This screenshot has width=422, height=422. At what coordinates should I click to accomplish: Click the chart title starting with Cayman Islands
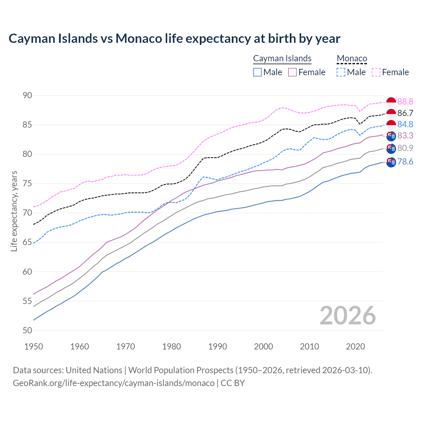[x=174, y=39]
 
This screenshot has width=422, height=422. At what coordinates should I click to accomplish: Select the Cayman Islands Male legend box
[x=257, y=72]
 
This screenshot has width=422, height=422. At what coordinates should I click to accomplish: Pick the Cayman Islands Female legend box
[x=292, y=72]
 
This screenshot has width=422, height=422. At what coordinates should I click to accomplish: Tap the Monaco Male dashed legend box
[x=341, y=72]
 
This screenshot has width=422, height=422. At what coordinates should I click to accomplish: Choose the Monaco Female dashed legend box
[x=376, y=72]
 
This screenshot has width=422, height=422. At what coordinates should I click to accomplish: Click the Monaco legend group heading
[x=352, y=59]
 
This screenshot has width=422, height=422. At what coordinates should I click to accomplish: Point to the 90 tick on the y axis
[x=27, y=96]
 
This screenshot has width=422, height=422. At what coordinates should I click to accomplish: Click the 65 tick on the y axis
[x=27, y=242]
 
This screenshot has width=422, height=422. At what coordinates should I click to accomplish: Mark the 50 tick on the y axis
[x=27, y=330]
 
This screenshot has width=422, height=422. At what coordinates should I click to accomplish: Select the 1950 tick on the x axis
[x=34, y=347]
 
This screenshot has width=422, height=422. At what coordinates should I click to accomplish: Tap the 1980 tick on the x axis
[x=171, y=347]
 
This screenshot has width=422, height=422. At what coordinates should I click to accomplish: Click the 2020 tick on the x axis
[x=355, y=347]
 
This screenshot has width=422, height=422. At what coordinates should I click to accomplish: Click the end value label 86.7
[x=405, y=113]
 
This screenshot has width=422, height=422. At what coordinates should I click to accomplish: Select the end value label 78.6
[x=405, y=162]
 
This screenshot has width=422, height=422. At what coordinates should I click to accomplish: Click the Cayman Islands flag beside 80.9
[x=391, y=149]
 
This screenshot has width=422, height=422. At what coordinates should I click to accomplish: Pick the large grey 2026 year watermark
[x=347, y=316]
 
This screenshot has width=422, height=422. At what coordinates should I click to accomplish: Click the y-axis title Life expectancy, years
[x=14, y=211]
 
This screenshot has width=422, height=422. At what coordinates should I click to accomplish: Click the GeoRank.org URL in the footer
[x=114, y=383]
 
